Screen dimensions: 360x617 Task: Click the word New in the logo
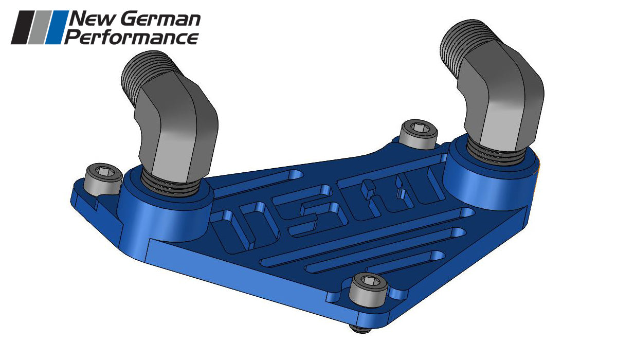click(90, 20)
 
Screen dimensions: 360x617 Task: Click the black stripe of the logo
click(24, 27)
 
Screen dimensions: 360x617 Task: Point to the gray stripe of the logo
click(42, 27)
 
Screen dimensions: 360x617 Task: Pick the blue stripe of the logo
click(58, 27)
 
